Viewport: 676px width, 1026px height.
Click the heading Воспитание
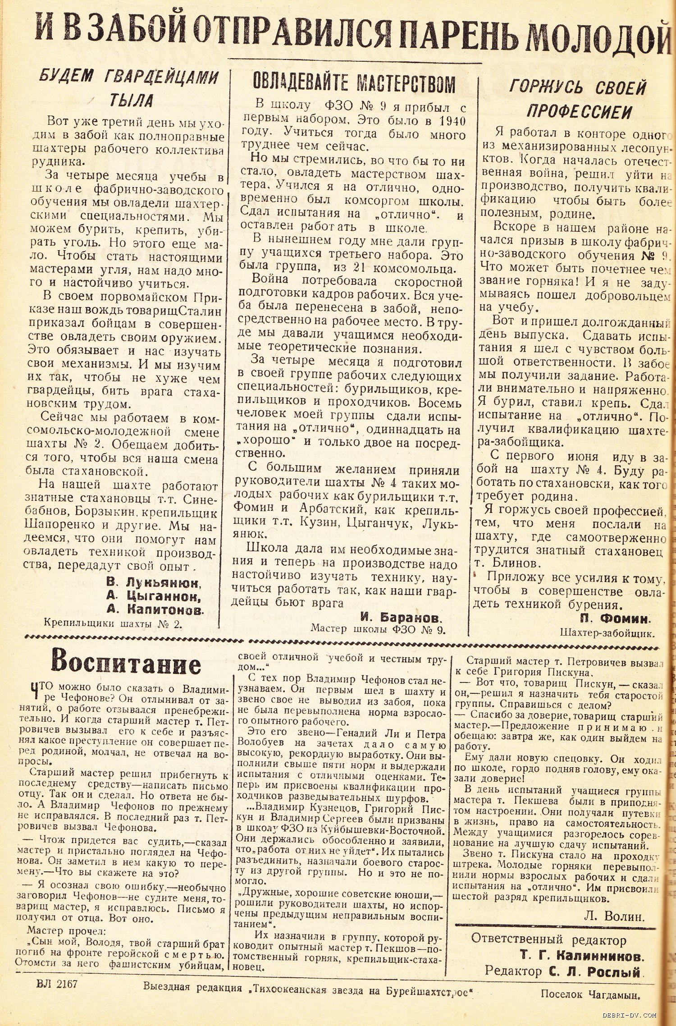tap(126, 663)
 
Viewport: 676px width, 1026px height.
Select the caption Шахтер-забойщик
tap(607, 633)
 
